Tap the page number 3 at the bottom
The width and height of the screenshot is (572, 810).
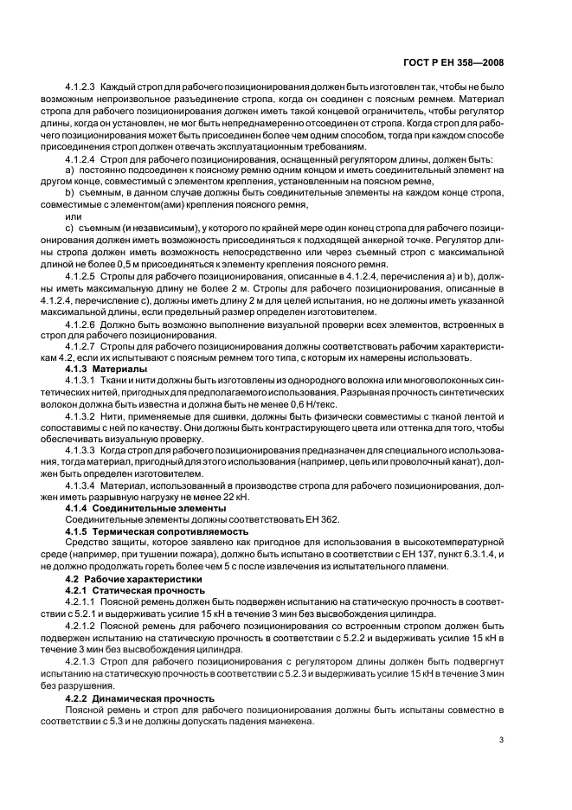[502, 740]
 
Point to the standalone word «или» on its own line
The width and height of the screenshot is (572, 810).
[73, 216]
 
